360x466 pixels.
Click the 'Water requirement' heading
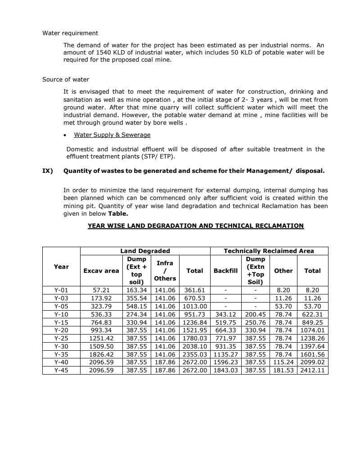(70, 33)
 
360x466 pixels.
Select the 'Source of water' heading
(66, 80)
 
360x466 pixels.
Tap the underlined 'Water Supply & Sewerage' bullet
(112, 135)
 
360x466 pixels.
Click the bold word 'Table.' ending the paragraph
(118, 214)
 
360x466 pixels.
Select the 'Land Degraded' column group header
(145, 251)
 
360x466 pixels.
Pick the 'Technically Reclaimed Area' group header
(269, 251)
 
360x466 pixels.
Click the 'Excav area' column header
(101, 271)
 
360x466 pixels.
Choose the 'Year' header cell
(61, 267)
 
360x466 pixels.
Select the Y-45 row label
(61, 371)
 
